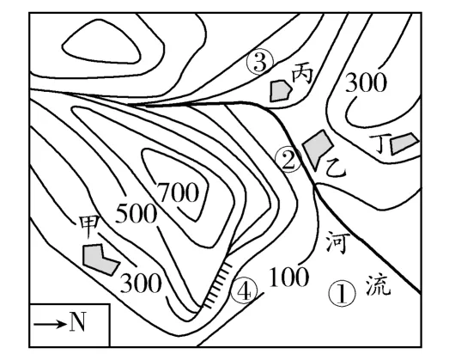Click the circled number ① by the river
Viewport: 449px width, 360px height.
(341, 295)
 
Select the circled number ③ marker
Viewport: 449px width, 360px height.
(259, 62)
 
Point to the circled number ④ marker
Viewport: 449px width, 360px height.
(246, 292)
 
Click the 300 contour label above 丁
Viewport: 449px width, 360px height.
(365, 83)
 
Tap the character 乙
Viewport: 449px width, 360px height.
(336, 169)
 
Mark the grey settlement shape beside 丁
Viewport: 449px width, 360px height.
(403, 145)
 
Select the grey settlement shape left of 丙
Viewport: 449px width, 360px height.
(280, 89)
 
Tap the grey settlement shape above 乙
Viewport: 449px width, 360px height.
(317, 147)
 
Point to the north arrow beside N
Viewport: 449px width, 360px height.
(49, 323)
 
